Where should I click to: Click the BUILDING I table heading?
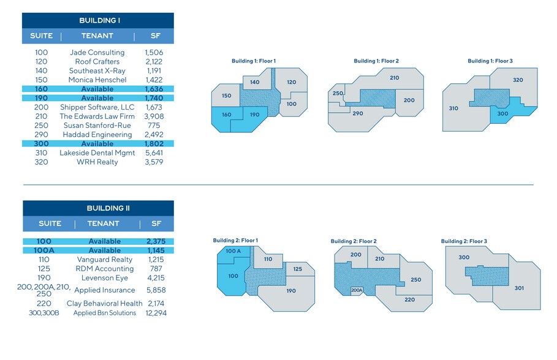tap(98, 21)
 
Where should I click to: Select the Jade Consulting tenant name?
tap(97, 53)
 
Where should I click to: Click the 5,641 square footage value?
tap(154, 153)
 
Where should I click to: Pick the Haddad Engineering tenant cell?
tap(97, 135)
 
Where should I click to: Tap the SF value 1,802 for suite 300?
tap(154, 144)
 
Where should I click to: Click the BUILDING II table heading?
tap(98, 208)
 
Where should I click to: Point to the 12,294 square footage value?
tap(154, 313)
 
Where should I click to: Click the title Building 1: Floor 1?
tap(254, 61)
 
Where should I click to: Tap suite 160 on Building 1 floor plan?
tap(227, 114)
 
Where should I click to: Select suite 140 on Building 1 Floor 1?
tap(255, 82)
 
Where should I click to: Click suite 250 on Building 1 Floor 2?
tap(338, 94)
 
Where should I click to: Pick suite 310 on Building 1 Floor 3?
tap(453, 108)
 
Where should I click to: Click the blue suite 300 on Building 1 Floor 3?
tap(502, 114)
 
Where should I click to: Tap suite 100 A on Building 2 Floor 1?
tap(232, 252)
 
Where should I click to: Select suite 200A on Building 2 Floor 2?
tap(357, 290)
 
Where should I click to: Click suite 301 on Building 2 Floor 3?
tap(519, 288)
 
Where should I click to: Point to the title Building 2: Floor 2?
tap(353, 241)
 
